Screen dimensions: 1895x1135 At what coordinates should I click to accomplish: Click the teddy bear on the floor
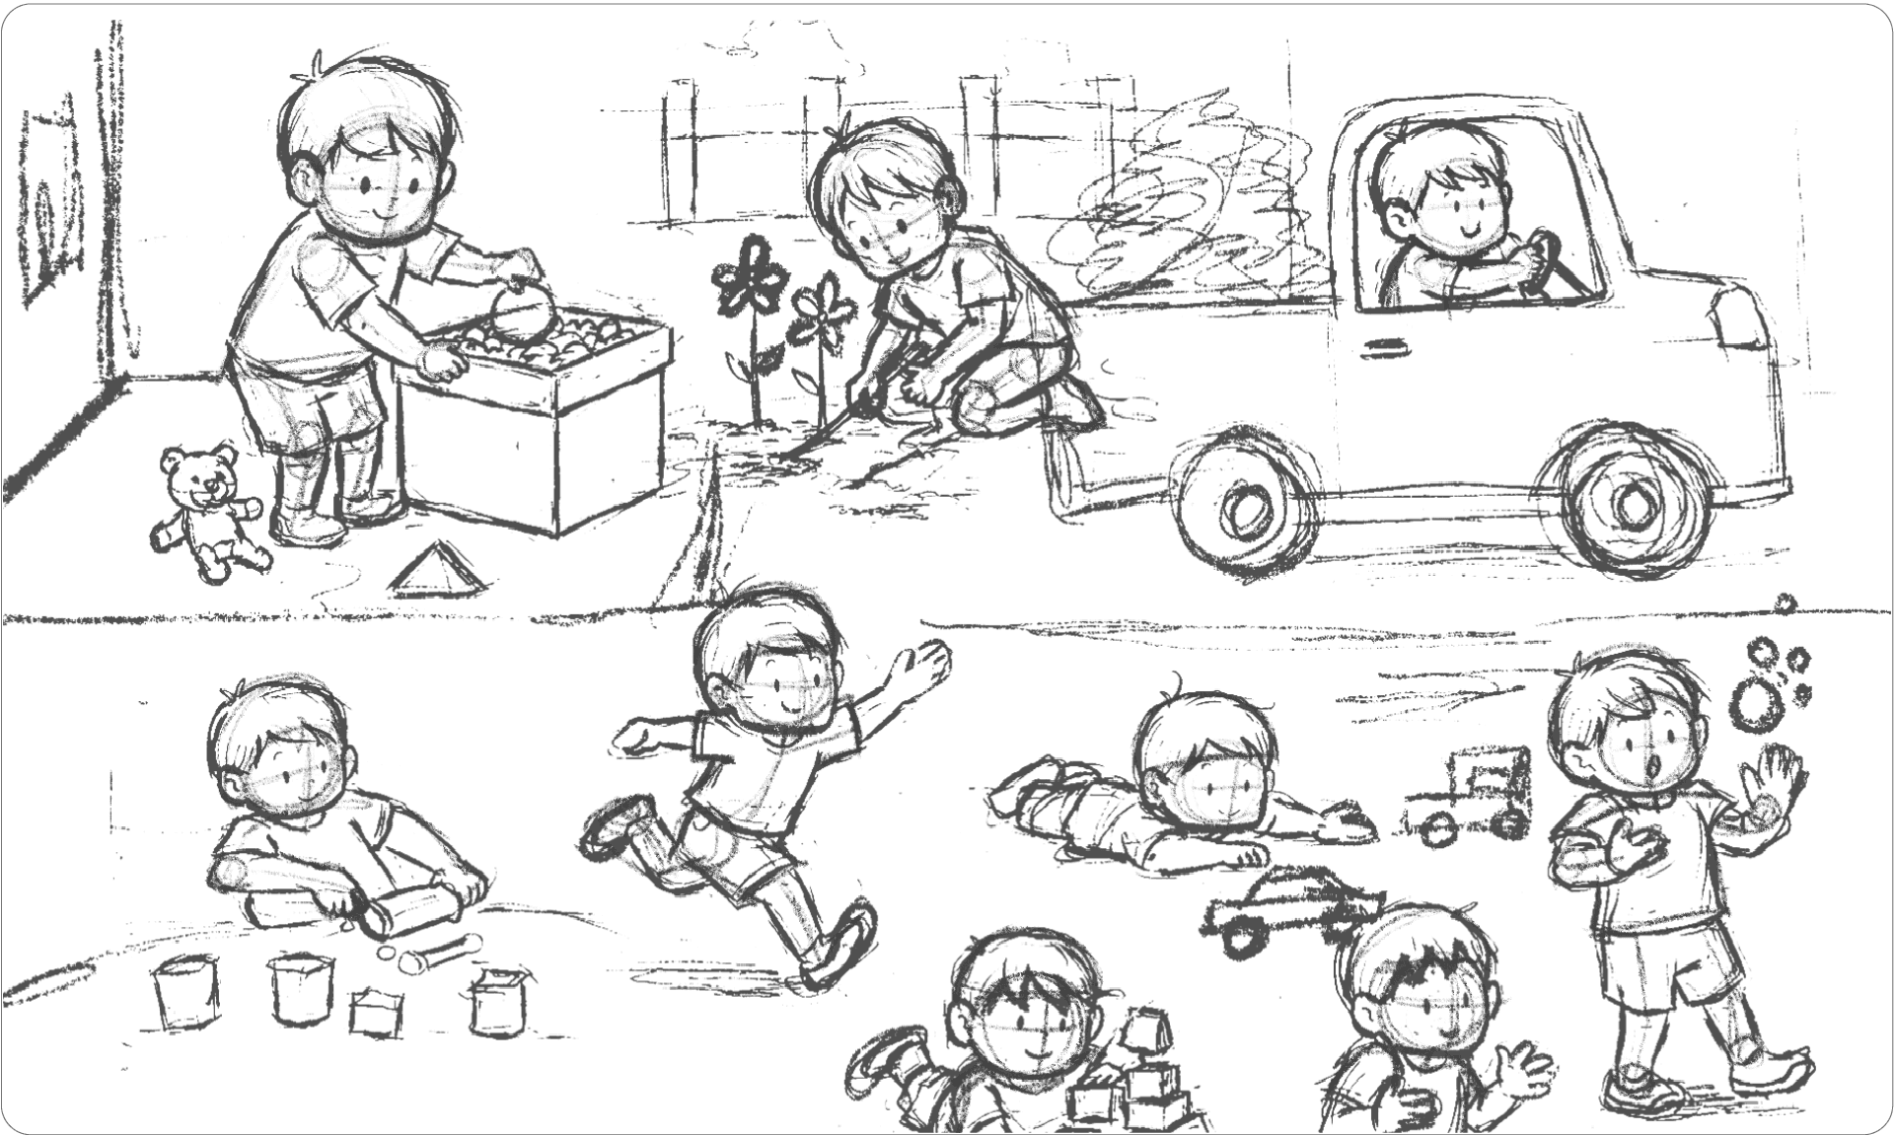pyautogui.click(x=205, y=508)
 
